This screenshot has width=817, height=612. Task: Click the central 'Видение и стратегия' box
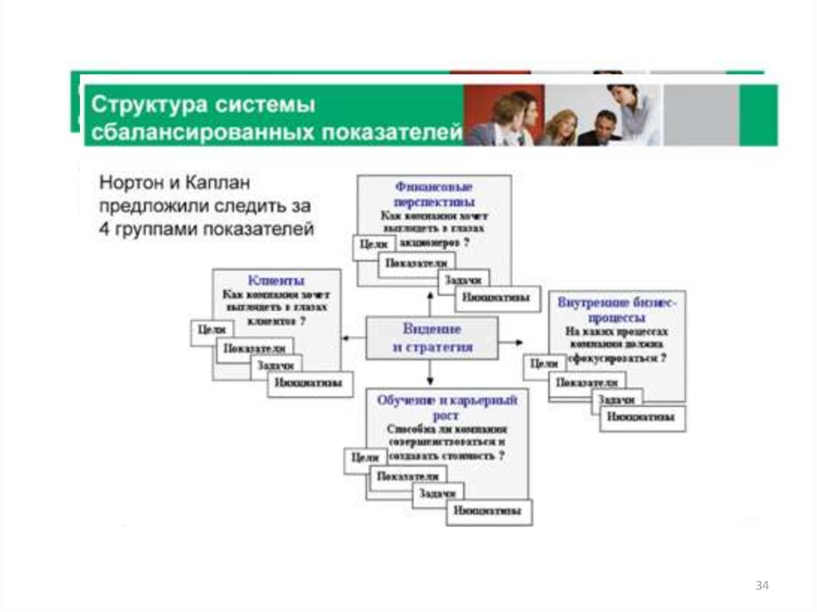tap(432, 338)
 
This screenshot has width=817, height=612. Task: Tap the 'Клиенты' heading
tap(275, 280)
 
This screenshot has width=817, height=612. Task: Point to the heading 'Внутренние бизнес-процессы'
tap(617, 310)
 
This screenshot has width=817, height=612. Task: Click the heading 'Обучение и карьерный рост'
tap(447, 405)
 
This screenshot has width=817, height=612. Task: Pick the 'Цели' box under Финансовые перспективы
tap(373, 245)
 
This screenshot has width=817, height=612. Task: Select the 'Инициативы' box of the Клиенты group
tap(310, 383)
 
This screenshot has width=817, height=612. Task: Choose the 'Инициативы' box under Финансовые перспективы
tap(494, 298)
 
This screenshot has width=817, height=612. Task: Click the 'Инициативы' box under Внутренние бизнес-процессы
tap(640, 417)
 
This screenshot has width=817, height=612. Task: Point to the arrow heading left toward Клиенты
tap(349, 339)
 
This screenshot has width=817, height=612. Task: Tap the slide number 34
tap(762, 586)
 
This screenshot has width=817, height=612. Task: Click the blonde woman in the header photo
tap(563, 128)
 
